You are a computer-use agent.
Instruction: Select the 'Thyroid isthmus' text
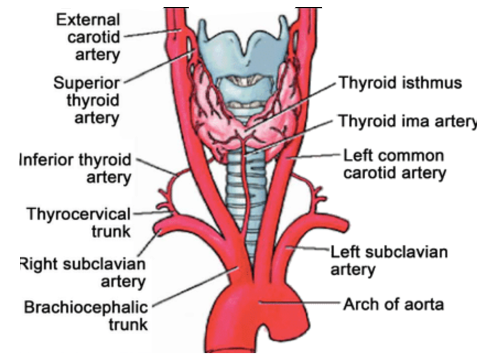pos(399,83)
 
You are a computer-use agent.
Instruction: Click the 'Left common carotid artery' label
pos(395,164)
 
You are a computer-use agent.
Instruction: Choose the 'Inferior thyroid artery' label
pos(75,168)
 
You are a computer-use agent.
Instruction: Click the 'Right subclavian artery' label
pos(83,273)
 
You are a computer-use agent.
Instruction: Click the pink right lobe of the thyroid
pos(209,113)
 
